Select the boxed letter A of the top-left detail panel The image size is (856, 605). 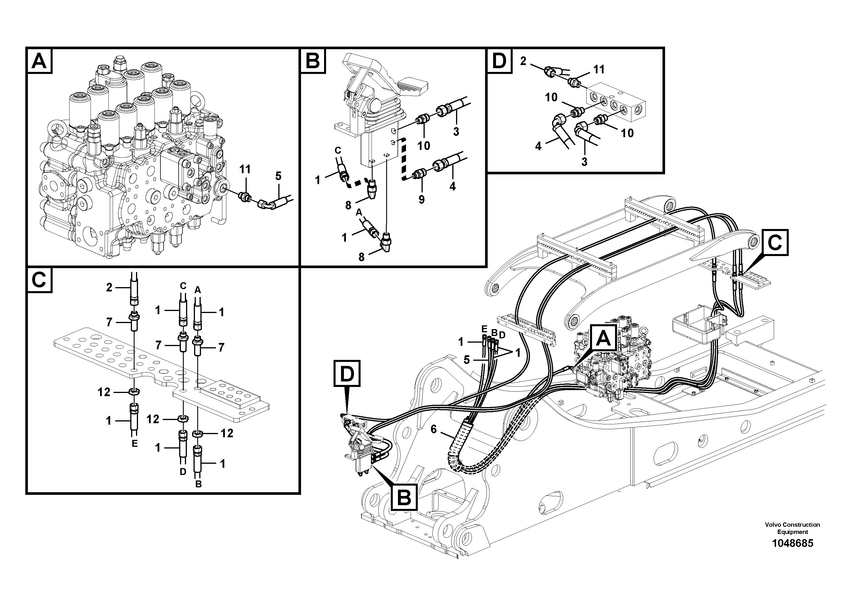(x=39, y=61)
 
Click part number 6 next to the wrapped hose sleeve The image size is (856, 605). (x=434, y=429)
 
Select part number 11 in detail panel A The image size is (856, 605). (x=245, y=169)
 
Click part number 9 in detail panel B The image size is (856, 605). (x=421, y=199)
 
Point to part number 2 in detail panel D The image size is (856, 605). (x=523, y=61)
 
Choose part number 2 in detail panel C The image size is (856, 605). (x=109, y=287)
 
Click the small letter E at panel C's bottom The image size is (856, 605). (x=135, y=444)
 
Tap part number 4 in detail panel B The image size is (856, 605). (x=452, y=186)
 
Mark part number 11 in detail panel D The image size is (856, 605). (x=599, y=69)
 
